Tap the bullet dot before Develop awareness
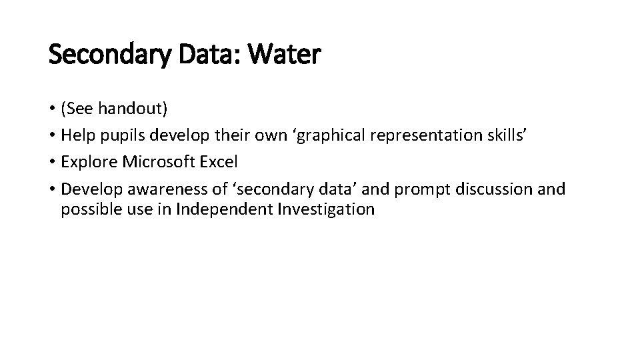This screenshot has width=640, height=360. tap(53, 190)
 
